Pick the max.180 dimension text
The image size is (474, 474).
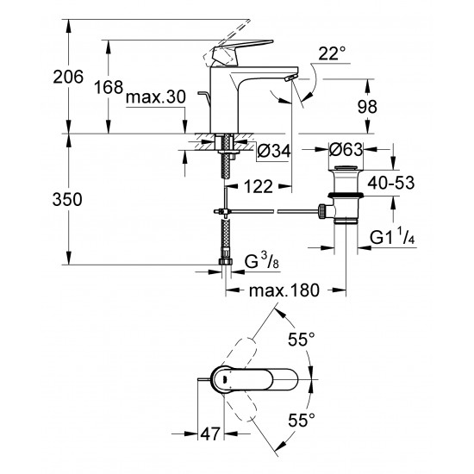pos(284,291)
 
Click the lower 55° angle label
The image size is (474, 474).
pos(300,422)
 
